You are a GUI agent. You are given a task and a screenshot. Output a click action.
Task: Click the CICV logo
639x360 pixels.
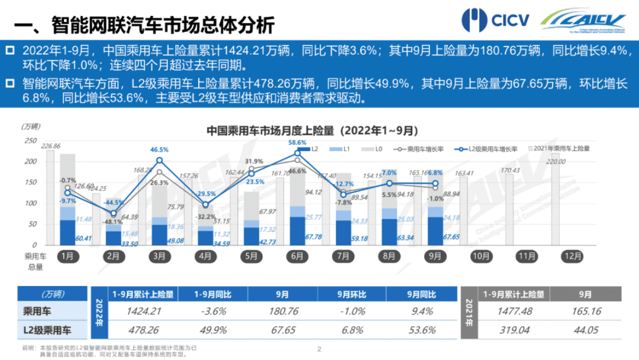click(x=495, y=20)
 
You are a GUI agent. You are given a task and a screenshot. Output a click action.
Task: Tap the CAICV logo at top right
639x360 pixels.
click(x=583, y=20)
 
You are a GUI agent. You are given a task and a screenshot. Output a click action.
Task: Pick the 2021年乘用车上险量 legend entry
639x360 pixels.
click(x=561, y=148)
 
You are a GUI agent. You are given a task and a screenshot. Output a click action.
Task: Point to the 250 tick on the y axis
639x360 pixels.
click(x=30, y=141)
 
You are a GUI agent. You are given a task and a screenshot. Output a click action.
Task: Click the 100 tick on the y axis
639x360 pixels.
click(x=30, y=204)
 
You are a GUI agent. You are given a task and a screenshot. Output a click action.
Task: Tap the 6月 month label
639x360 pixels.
click(x=297, y=256)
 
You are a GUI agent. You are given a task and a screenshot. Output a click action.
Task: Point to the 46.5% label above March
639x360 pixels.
click(x=159, y=149)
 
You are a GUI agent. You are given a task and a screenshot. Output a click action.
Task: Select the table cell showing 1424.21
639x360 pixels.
click(x=142, y=311)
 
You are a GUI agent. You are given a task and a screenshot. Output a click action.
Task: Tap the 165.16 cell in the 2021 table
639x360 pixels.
click(x=592, y=311)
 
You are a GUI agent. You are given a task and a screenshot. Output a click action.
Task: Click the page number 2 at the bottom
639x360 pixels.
click(x=319, y=349)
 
